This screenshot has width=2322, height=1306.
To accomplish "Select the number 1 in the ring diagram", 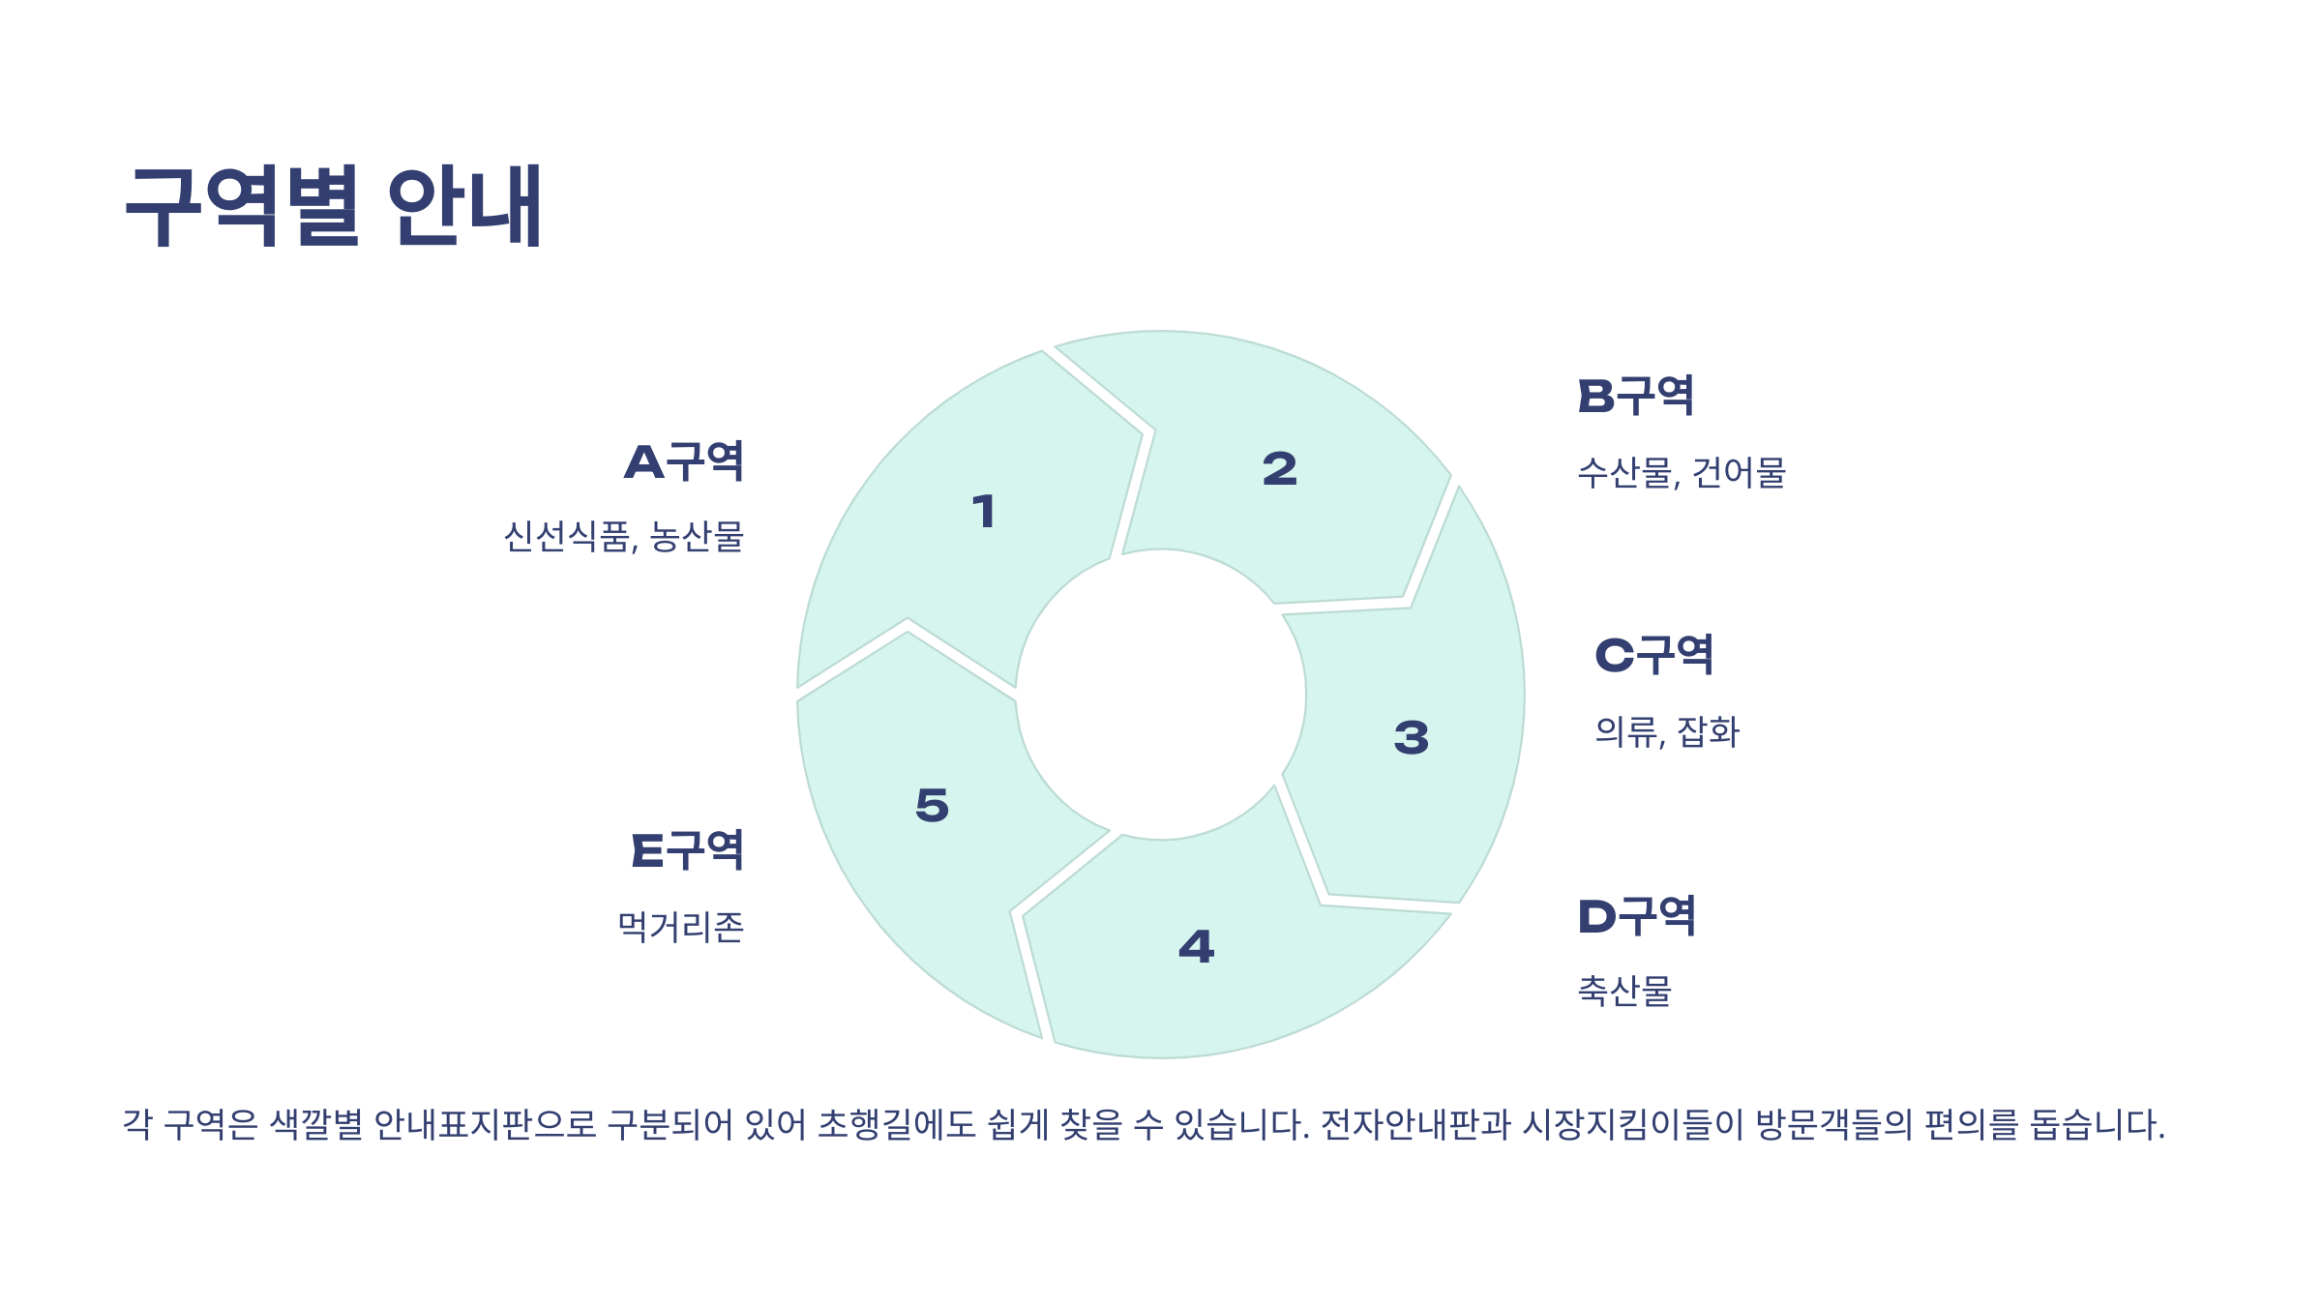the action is point(984,512).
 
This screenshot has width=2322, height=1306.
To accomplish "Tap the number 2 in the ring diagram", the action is point(1279,469).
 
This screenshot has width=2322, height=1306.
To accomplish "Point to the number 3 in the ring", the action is point(1411,737).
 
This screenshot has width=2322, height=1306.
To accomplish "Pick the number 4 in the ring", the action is point(1196,946).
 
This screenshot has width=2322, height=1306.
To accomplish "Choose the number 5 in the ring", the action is point(932,805).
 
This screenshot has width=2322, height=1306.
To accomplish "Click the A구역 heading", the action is point(684,461).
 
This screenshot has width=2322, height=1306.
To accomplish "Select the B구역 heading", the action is point(1636,396).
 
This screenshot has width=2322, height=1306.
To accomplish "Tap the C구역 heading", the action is point(1653,655).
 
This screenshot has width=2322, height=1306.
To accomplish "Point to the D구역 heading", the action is point(1636,916).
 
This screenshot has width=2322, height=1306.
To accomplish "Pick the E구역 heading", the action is point(687,850).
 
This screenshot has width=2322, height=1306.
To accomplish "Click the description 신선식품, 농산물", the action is point(624,537).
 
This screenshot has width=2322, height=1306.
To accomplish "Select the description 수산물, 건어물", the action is point(1681,473).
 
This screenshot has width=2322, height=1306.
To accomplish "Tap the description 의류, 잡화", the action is point(1667,732).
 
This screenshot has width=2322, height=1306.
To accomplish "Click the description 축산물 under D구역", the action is point(1624,991).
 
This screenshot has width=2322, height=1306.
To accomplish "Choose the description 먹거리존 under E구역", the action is point(681,927).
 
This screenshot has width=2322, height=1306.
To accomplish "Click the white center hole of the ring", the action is point(1161,695).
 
